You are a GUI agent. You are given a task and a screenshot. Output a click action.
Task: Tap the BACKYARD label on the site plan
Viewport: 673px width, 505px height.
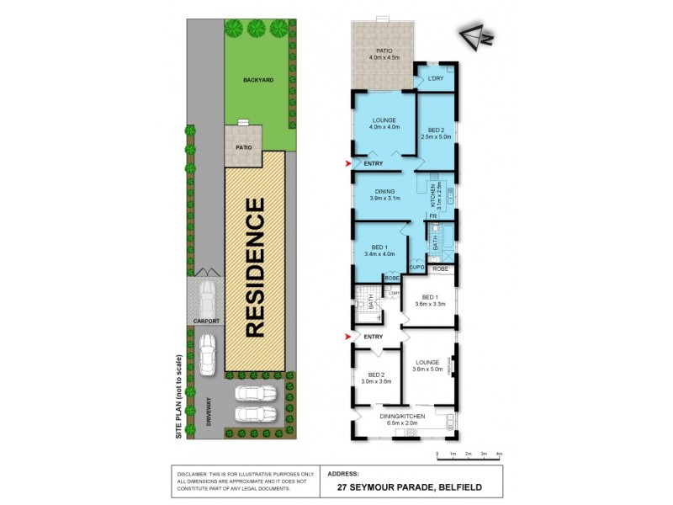[x=258, y=80]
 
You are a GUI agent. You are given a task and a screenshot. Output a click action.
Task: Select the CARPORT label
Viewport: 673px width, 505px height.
[x=205, y=322]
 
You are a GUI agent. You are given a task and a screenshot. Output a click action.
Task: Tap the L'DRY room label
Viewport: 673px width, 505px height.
[x=435, y=79]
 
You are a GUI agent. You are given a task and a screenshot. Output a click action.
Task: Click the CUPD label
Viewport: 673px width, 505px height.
[x=416, y=268]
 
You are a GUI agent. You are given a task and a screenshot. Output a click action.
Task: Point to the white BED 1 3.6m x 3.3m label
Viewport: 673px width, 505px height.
[x=430, y=300]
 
